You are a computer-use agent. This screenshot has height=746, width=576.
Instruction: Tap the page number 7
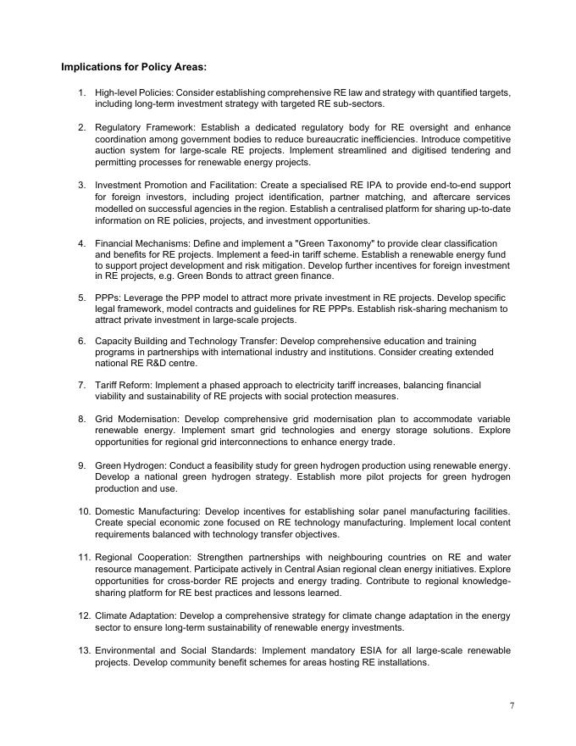click(x=511, y=705)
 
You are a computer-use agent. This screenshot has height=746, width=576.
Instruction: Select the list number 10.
click(x=84, y=511)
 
